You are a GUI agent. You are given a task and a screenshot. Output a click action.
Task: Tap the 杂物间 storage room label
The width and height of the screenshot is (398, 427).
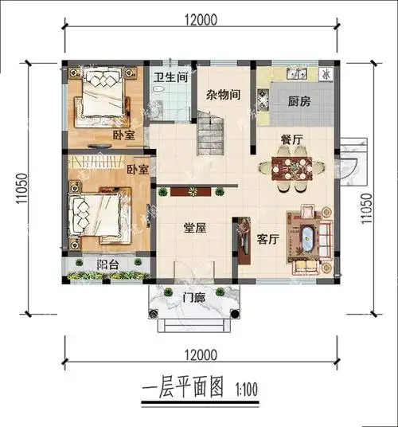224,94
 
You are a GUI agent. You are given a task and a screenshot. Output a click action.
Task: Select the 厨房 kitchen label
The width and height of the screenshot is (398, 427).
299,101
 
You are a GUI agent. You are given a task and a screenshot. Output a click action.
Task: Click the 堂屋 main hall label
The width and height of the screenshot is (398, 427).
195,228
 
